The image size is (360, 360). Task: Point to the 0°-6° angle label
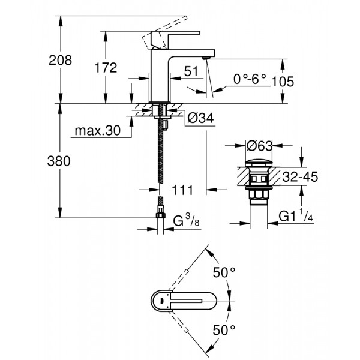pos(250,79)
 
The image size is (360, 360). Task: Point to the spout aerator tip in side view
pos(205,56)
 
